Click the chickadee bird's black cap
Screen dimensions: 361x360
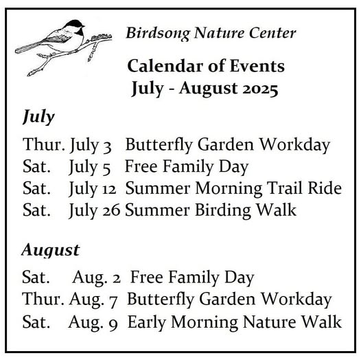pyautogui.click(x=74, y=23)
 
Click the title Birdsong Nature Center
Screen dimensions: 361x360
pyautogui.click(x=211, y=33)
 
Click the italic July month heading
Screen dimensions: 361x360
pyautogui.click(x=38, y=117)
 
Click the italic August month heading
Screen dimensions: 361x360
pyautogui.click(x=51, y=250)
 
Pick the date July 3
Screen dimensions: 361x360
pyautogui.click(x=91, y=146)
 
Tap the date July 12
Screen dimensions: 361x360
pyautogui.click(x=93, y=189)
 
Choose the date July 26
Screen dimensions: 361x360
pyautogui.click(x=94, y=211)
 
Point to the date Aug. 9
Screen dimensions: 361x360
pyautogui.click(x=93, y=322)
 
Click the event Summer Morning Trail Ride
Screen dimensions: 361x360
pyautogui.click(x=233, y=189)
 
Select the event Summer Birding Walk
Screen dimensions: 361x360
pyautogui.click(x=211, y=210)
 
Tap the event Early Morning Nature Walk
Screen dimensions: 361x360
pyautogui.click(x=235, y=322)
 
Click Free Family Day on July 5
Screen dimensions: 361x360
pyautogui.click(x=187, y=167)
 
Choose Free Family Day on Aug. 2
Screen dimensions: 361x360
pyautogui.click(x=192, y=278)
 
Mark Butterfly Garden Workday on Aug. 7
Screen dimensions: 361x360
pyautogui.click(x=229, y=300)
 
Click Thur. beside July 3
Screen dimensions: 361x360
pyautogui.click(x=44, y=144)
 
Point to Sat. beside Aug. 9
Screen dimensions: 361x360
pyautogui.click(x=36, y=322)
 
